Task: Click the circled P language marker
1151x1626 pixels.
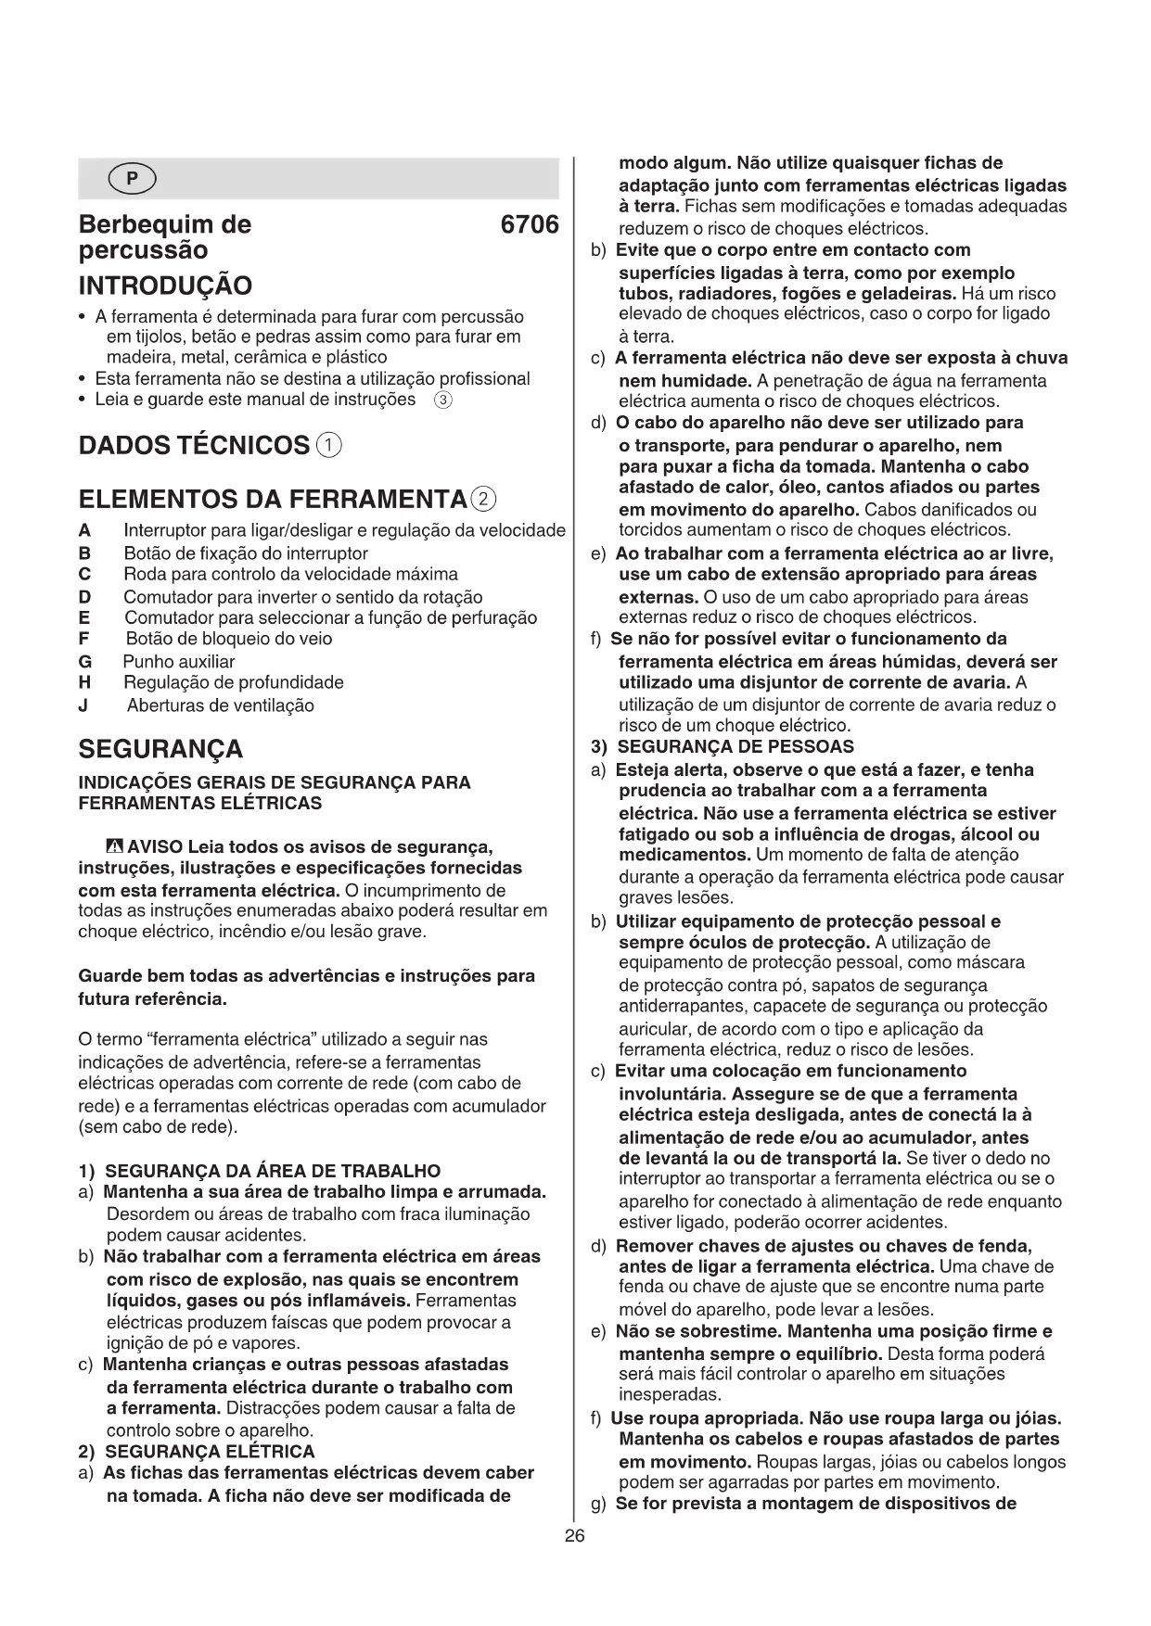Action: tap(132, 179)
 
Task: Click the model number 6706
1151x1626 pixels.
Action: tap(529, 225)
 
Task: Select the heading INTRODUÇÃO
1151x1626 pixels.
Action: tap(165, 285)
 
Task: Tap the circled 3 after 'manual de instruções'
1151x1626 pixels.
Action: tap(443, 400)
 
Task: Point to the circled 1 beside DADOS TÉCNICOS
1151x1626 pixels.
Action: tap(329, 445)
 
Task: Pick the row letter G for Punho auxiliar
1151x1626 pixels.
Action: tap(85, 662)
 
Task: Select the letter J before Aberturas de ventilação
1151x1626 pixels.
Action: tap(84, 705)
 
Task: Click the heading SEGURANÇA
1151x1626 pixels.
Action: tap(160, 748)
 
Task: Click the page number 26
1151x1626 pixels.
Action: tap(575, 1536)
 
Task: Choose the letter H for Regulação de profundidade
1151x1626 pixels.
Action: tap(85, 683)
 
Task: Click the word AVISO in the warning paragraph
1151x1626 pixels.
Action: tap(155, 846)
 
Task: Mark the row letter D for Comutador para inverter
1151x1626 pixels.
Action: tap(85, 597)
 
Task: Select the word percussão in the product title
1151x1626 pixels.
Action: tap(144, 250)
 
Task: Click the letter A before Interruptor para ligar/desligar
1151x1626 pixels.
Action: tap(85, 531)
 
